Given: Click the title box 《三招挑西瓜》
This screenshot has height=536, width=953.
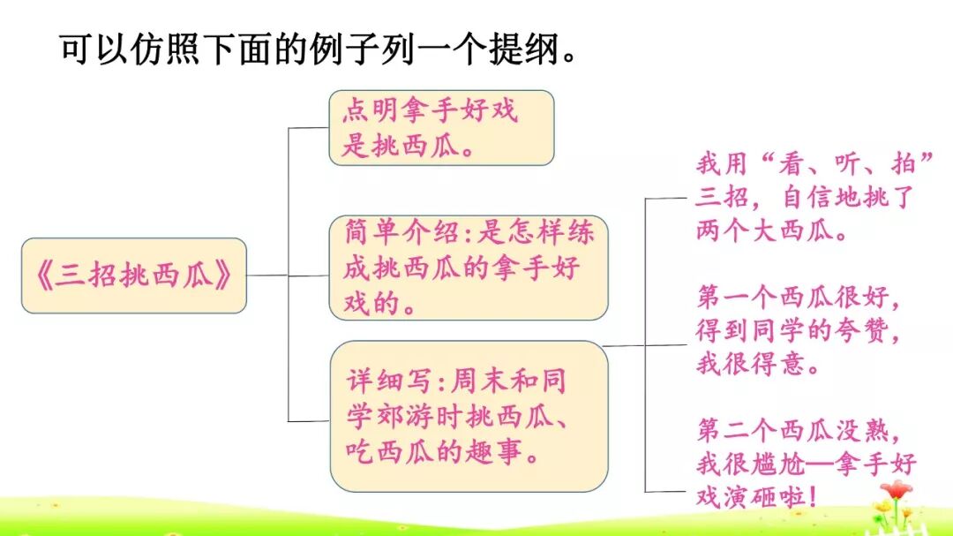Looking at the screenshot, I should tap(133, 276).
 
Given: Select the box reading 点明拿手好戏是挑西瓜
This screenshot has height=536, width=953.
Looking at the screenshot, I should tap(441, 127).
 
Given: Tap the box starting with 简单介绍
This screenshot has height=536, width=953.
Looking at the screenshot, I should tap(469, 268).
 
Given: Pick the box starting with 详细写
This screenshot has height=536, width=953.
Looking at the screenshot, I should tap(469, 416).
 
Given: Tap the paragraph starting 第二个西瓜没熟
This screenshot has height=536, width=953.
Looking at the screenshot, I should tap(803, 464).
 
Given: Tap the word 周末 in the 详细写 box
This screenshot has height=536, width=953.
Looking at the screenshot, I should tap(478, 382).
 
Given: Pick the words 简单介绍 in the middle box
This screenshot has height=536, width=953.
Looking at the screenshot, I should tap(393, 233).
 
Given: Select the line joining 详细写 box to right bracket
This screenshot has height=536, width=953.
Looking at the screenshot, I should tap(627, 345).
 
